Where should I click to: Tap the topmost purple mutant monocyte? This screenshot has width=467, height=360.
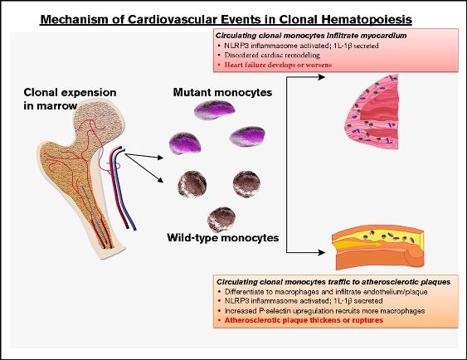click(x=214, y=109)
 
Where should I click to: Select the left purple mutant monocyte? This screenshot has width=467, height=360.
click(x=185, y=143)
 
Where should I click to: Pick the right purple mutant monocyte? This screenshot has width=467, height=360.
click(x=247, y=136)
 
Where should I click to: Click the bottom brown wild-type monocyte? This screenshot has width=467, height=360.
click(x=221, y=220)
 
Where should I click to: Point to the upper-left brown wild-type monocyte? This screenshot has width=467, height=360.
click(x=192, y=183)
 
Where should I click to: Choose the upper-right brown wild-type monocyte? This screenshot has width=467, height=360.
click(x=246, y=183)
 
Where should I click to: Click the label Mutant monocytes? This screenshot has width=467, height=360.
click(x=222, y=92)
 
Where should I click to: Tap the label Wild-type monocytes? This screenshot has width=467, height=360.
click(x=223, y=237)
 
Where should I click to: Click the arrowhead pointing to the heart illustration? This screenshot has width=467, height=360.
click(x=321, y=77)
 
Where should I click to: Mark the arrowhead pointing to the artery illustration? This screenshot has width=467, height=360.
click(x=321, y=252)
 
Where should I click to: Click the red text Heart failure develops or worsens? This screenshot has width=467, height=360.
click(x=278, y=65)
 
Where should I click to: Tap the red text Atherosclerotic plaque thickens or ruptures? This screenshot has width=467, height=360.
click(x=304, y=320)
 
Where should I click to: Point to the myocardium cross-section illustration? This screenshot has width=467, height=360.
click(x=372, y=112)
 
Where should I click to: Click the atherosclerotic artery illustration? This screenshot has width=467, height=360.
click(x=378, y=247)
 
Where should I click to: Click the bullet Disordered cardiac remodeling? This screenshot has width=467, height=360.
click(x=272, y=55)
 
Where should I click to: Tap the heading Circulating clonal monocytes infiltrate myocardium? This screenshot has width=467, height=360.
click(x=311, y=36)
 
